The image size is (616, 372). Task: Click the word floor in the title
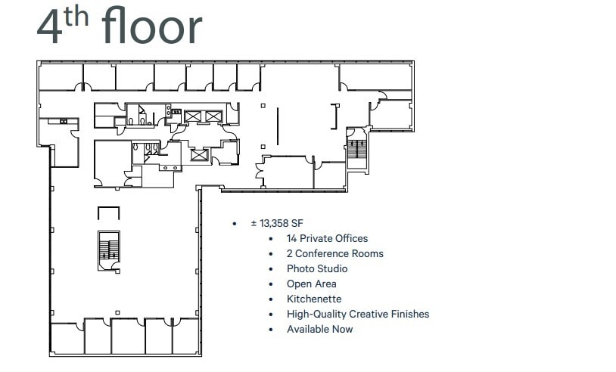(x=152, y=26)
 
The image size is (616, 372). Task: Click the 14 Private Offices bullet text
(x=327, y=239)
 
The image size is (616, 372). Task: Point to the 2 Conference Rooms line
(x=334, y=254)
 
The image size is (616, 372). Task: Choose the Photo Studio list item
(x=317, y=269)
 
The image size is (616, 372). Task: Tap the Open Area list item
(x=311, y=284)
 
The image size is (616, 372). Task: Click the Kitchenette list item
(x=313, y=299)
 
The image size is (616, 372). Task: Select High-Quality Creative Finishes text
(x=357, y=315)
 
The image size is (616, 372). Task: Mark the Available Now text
(x=319, y=330)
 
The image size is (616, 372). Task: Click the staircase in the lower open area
(x=109, y=250)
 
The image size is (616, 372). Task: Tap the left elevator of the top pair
(x=193, y=116)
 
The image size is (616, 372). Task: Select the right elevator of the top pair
(x=214, y=116)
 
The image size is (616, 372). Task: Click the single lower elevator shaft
(x=199, y=155)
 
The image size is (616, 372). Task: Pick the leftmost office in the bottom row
(x=67, y=338)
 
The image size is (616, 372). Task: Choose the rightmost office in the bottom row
(x=185, y=336)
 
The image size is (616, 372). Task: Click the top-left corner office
(x=61, y=77)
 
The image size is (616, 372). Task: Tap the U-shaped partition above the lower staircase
(x=109, y=212)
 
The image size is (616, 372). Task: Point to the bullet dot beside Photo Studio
(x=271, y=269)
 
